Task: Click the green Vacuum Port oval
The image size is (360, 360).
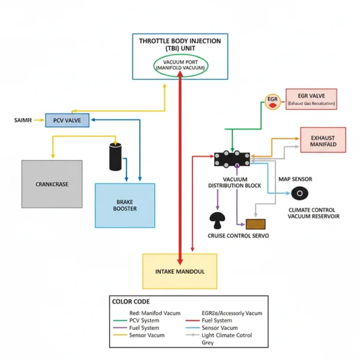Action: point(180,65)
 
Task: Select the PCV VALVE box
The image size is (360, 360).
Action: point(67,120)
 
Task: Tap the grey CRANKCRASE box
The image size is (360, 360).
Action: point(52,184)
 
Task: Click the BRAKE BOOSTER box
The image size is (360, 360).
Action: point(125,205)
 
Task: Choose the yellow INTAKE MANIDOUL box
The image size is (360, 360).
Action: point(180,271)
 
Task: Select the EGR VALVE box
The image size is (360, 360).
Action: point(311,99)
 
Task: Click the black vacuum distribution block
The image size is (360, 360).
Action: point(232,158)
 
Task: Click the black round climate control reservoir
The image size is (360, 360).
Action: point(299,193)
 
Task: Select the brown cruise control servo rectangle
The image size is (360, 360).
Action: point(255,224)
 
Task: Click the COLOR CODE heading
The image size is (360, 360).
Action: point(131,301)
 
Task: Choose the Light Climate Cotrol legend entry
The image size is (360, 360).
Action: point(226,335)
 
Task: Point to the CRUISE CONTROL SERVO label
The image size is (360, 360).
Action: point(238,236)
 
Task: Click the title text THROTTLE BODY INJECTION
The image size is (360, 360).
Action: point(180,41)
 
